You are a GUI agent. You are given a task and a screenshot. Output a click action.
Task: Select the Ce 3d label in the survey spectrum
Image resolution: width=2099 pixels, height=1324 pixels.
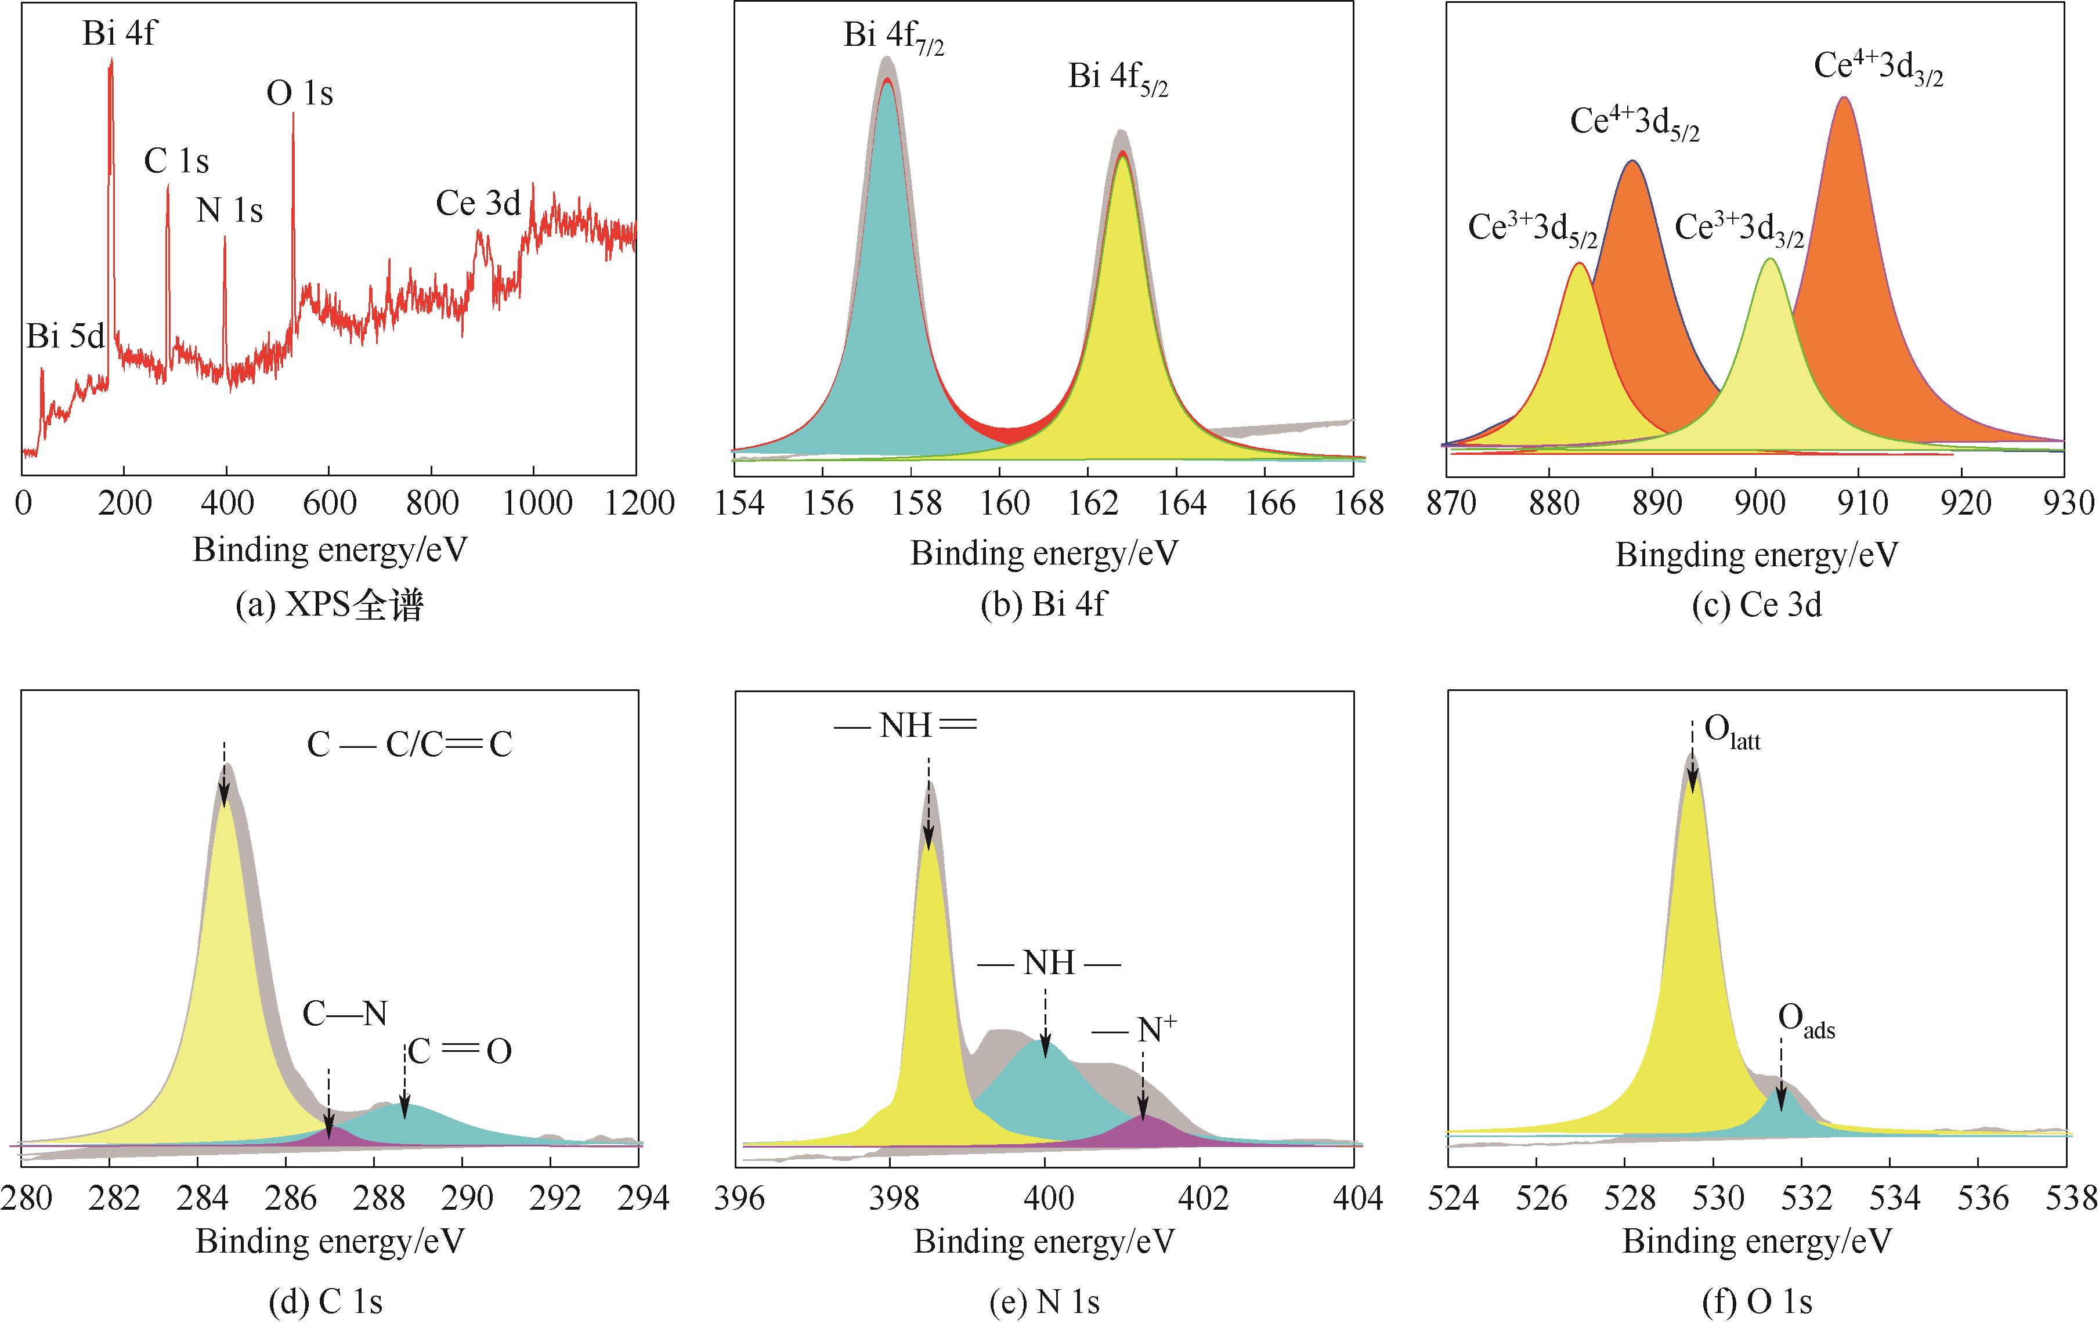coord(478,204)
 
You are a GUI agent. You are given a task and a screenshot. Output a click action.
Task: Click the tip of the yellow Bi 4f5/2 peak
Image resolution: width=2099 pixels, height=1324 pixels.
coord(1123,157)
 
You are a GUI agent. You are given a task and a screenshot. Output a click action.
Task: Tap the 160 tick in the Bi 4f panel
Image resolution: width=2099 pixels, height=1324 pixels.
coord(1005,503)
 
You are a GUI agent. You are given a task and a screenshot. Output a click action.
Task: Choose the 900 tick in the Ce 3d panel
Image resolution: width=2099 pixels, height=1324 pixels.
coord(1760,503)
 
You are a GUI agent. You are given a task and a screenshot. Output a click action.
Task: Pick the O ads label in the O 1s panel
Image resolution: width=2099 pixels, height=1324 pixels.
coord(1805,1021)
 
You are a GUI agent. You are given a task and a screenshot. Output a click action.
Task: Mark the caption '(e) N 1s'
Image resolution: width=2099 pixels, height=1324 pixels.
coord(1044,1302)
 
